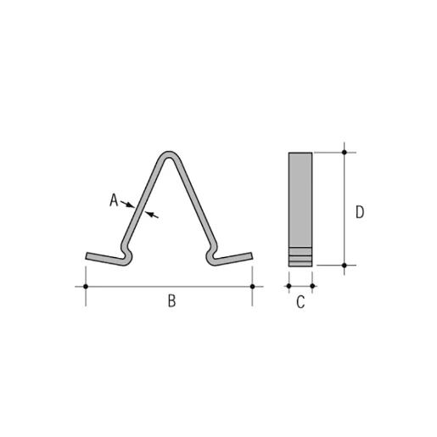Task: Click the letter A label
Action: coord(113,200)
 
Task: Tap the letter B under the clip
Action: coord(171,302)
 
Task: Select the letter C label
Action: coord(300,302)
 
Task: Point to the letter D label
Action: coord(360,211)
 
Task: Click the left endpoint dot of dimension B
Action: coord(86,287)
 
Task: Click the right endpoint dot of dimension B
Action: coord(253,287)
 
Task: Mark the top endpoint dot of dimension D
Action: coord(345,153)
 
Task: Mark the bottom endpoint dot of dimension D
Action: coord(345,266)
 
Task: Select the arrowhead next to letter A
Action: coord(127,204)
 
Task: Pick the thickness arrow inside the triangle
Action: coord(151,215)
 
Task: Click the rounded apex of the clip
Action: coord(170,155)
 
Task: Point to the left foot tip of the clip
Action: coord(88,256)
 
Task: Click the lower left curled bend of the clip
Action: coord(127,255)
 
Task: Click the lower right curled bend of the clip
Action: coord(210,255)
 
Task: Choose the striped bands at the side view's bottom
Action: coord(300,254)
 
